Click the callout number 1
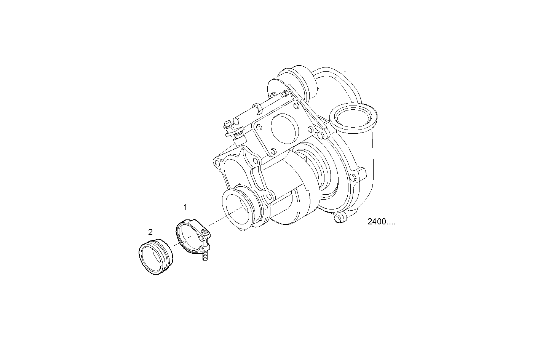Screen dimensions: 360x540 click(185, 207)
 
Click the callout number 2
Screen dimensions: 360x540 click(150, 232)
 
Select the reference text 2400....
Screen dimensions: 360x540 click(381, 222)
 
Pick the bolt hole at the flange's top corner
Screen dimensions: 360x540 click(295, 104)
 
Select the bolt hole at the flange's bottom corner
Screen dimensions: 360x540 click(273, 151)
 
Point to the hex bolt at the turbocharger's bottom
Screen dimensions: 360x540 click(337, 219)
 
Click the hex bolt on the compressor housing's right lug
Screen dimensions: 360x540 click(353, 177)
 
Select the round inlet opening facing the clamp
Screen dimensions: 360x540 click(236, 209)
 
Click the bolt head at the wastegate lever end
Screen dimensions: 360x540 click(228, 124)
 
